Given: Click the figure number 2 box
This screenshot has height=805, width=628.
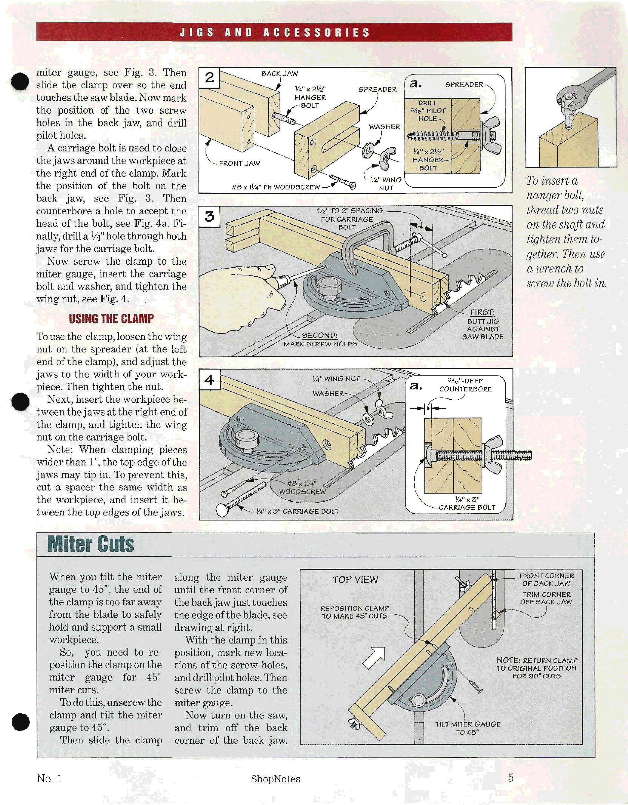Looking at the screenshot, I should point(209,78).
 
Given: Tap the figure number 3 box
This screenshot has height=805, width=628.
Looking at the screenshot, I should point(209,216).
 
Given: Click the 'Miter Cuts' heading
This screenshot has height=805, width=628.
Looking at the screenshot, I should point(91,544).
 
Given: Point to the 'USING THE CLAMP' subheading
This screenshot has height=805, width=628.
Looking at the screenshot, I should point(111,318).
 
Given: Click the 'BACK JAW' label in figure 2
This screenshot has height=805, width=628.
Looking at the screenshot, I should point(280,74).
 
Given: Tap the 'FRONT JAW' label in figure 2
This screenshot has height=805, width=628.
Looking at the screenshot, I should point(239,163).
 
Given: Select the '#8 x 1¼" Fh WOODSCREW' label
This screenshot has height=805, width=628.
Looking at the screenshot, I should point(276,187).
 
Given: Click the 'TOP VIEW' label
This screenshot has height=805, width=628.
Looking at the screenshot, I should point(355,580).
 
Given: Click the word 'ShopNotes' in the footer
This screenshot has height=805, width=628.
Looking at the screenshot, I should point(275,779).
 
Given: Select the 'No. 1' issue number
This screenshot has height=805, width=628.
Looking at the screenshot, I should point(49,779).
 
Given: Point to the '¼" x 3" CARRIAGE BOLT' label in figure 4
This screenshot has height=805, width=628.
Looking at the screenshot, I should point(297,511).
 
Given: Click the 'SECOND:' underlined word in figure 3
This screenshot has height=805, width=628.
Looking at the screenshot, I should point(320,335).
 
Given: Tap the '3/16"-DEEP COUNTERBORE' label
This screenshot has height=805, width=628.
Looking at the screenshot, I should point(465,385).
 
